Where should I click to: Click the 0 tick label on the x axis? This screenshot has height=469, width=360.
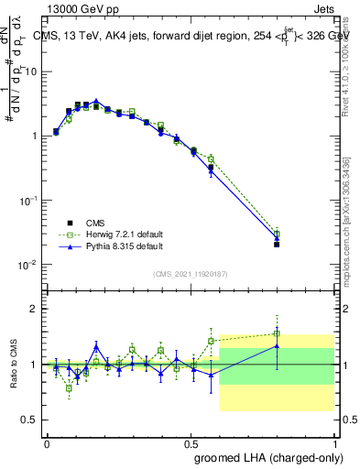(x=47, y=442)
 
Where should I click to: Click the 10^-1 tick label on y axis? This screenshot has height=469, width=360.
(x=27, y=201)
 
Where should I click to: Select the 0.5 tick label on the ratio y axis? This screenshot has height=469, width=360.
(x=30, y=420)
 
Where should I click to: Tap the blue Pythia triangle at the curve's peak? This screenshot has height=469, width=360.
(x=96, y=102)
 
